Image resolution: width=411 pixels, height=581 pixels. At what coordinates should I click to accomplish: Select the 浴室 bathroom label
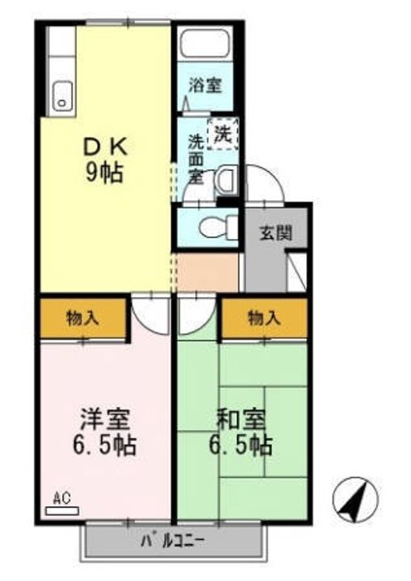pyautogui.click(x=205, y=83)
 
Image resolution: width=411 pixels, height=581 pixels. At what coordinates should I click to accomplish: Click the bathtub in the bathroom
pyautogui.click(x=205, y=44)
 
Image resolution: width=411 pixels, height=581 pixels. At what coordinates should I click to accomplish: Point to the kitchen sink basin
pyautogui.click(x=62, y=97)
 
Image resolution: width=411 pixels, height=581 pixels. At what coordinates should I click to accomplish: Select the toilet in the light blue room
pyautogui.click(x=213, y=228)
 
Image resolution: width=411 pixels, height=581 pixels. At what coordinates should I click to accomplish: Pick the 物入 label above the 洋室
pyautogui.click(x=82, y=317)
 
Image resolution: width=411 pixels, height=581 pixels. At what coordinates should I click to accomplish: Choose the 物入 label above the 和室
pyautogui.click(x=264, y=317)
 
